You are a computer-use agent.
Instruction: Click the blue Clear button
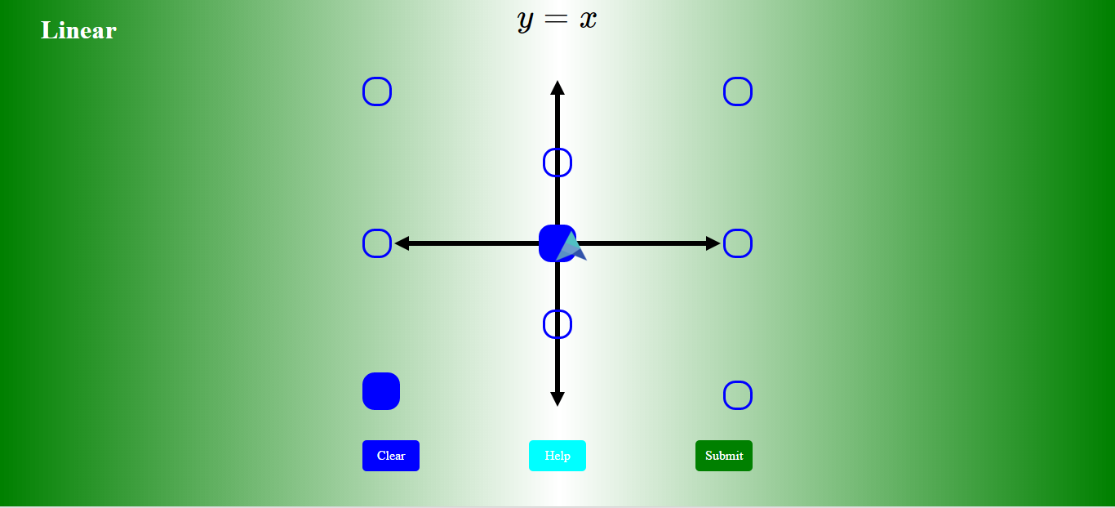tap(391, 456)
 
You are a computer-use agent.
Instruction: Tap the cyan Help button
tap(557, 456)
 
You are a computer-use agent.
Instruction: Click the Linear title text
tap(78, 31)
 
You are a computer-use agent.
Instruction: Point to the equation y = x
tap(557, 20)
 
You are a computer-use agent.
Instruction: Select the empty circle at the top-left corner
tap(377, 91)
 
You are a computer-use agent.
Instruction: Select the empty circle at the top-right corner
tap(738, 91)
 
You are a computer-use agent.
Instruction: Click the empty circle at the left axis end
tap(377, 243)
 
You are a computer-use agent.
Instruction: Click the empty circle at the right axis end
tap(738, 243)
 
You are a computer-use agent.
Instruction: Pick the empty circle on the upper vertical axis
tap(557, 163)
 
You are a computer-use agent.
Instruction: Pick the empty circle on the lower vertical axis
tap(557, 324)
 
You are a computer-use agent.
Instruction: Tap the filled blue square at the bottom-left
tap(381, 391)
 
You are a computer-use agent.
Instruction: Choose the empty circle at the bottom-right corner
tap(738, 395)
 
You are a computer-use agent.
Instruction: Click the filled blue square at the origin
tap(553, 239)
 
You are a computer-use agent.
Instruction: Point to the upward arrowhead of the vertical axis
tap(557, 87)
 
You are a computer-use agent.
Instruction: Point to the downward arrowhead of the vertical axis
tap(557, 399)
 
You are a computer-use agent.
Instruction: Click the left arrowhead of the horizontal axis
tap(402, 243)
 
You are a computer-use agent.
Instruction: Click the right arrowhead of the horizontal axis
tap(713, 243)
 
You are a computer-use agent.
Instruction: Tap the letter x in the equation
tap(589, 20)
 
